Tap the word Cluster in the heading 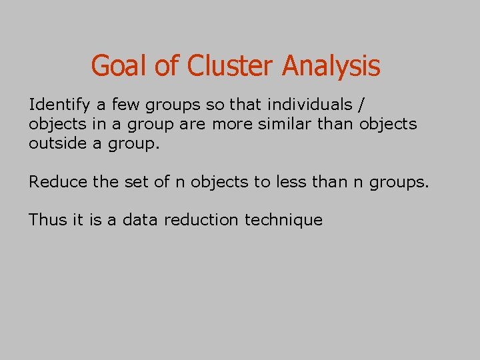(231, 66)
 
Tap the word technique (283, 220)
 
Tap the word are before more (192, 124)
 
